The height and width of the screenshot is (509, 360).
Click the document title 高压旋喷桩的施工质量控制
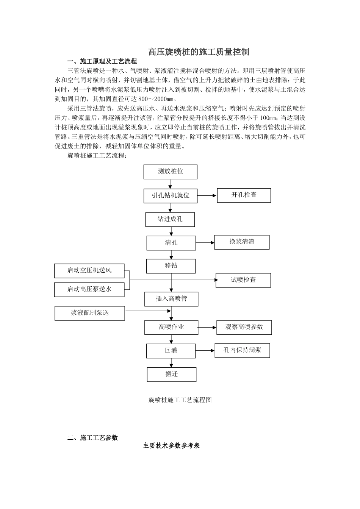pos(199,52)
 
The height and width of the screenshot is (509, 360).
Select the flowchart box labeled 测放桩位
pos(171,172)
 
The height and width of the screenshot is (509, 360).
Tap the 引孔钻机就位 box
pos(171,196)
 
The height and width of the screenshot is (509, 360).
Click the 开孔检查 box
pos(244,195)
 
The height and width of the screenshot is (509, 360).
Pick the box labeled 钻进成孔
pos(170,219)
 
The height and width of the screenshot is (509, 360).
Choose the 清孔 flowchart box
pos(171,243)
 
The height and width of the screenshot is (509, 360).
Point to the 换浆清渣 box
pos(242,242)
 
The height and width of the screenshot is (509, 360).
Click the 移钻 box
pos(171,266)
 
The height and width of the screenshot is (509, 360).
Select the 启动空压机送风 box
pos(89,271)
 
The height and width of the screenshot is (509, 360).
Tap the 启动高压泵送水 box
pos(89,289)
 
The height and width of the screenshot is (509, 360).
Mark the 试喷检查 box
pos(243,280)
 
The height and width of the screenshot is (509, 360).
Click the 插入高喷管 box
pos(171,299)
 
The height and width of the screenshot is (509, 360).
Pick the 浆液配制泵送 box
pos(90,313)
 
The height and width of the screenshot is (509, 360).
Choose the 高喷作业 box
pos(171,327)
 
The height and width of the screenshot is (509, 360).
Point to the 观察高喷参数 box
pos(244,327)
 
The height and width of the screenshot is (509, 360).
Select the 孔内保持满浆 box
pos(243,350)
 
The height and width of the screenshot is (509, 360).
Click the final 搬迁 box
pos(172,374)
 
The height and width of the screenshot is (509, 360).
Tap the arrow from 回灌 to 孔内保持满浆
pos(205,351)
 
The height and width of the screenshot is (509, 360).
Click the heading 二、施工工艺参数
pos(93,438)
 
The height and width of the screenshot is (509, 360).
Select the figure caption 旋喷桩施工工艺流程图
pos(180,400)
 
